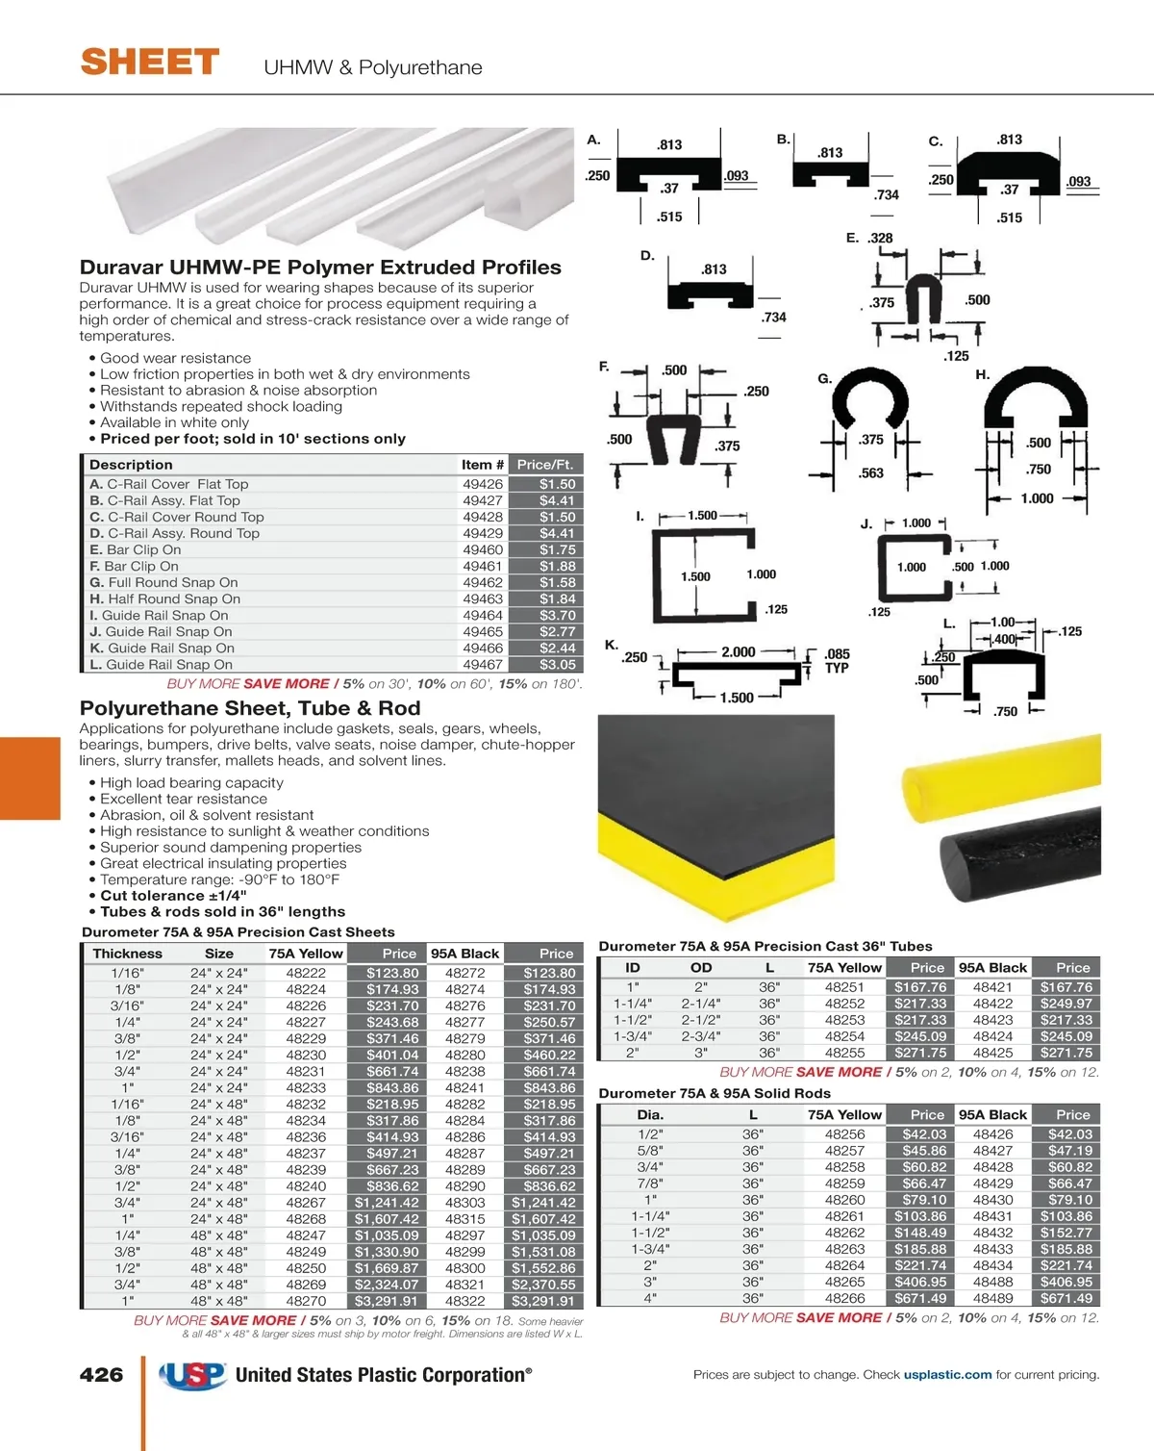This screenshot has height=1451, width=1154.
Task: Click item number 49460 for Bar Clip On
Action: [x=482, y=549]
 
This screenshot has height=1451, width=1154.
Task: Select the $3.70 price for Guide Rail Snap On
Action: [x=557, y=615]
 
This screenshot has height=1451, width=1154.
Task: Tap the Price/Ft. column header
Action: [x=544, y=464]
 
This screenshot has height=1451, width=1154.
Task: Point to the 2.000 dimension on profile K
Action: [x=738, y=651]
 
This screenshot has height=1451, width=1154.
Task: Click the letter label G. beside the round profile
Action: [x=824, y=378]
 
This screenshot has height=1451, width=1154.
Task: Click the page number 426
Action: [x=101, y=1375]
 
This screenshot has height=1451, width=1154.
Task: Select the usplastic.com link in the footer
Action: [x=947, y=1375]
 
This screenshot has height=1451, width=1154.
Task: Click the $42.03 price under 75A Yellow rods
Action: [x=924, y=1134]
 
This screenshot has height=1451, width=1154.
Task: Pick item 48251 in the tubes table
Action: [x=844, y=987]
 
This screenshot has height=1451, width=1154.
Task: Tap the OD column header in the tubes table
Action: [x=701, y=967]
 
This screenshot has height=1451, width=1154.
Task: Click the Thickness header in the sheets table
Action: [x=127, y=954]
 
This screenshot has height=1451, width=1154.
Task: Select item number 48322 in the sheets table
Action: [x=464, y=1301]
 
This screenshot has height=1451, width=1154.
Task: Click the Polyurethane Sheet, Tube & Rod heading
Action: [x=250, y=708]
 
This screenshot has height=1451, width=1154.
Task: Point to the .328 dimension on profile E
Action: [x=880, y=238]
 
